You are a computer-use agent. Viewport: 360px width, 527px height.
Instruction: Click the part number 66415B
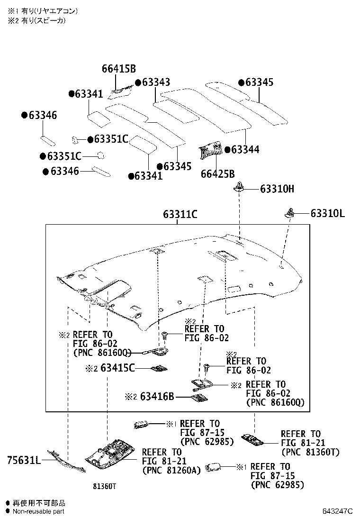(118, 69)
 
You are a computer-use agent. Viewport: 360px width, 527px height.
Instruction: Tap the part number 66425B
(217, 174)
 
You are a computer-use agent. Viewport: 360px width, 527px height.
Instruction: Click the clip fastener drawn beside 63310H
(240, 188)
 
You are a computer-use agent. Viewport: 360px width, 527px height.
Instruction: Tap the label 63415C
(117, 368)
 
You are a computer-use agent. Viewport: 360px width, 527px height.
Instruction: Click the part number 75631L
(24, 460)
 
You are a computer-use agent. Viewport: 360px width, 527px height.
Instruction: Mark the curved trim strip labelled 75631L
(66, 461)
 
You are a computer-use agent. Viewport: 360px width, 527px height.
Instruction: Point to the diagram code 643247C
(338, 511)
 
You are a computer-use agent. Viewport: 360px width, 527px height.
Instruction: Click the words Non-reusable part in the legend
(38, 511)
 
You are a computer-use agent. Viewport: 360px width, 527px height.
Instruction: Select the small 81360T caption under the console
(104, 486)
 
